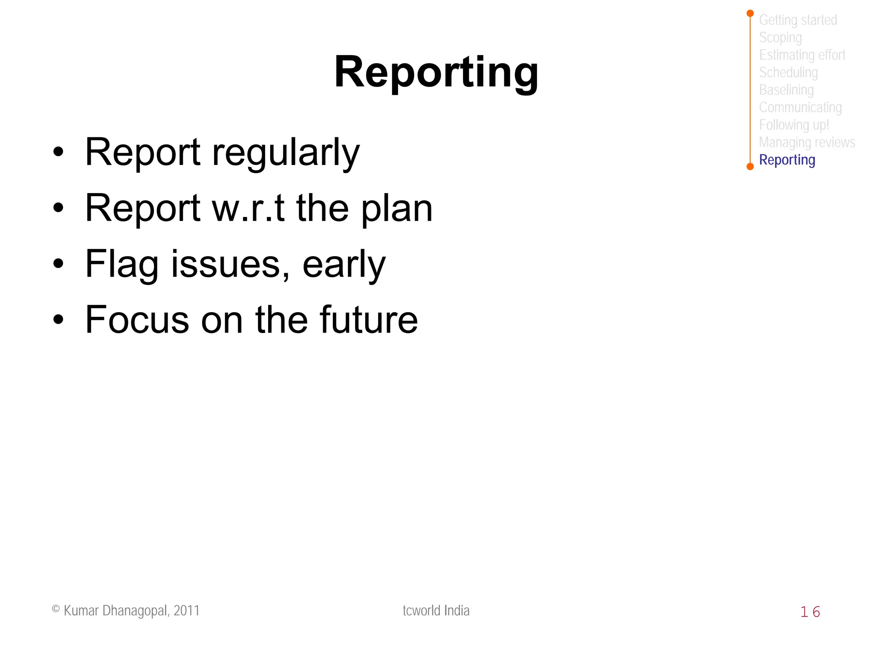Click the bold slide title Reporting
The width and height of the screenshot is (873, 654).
(x=436, y=72)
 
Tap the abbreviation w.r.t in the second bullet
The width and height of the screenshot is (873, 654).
(x=248, y=208)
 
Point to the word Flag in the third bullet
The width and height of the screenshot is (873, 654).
(x=121, y=264)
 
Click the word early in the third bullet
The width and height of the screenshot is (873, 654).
(x=344, y=264)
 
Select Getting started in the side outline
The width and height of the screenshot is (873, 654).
(x=798, y=20)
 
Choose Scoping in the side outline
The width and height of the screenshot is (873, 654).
(x=780, y=38)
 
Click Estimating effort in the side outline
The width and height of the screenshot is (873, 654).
(x=802, y=55)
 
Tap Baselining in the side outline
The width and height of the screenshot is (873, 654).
(x=786, y=90)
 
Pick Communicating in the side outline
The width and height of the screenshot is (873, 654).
(x=800, y=107)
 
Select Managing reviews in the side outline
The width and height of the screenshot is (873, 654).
(x=807, y=142)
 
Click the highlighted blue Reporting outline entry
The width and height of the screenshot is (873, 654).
(x=787, y=160)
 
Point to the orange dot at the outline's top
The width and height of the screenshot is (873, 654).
(x=750, y=14)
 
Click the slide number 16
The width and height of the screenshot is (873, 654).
(x=810, y=612)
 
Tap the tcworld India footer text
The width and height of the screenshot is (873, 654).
(x=436, y=611)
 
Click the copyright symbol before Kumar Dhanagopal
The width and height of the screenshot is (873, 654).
(x=56, y=609)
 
